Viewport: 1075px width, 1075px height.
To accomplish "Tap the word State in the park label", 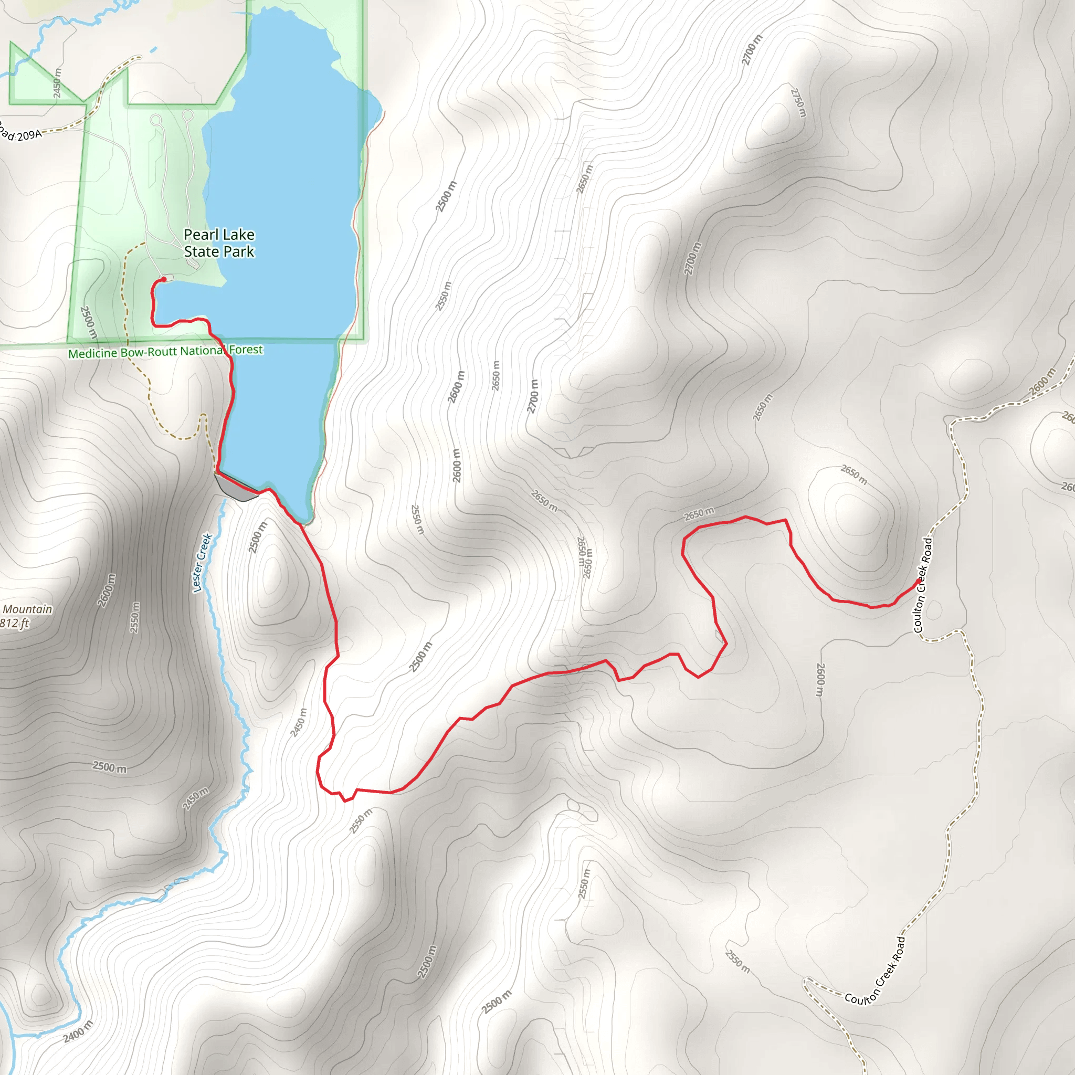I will point(202,252).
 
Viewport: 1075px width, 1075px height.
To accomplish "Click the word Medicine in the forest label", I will point(92,353).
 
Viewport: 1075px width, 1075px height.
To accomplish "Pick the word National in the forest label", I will point(203,351).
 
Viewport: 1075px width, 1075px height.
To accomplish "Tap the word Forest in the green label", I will point(246,350).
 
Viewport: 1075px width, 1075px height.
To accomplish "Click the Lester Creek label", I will point(202,563).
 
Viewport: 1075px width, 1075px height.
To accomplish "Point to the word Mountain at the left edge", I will point(27,609).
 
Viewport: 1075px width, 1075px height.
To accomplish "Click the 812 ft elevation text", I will point(15,624).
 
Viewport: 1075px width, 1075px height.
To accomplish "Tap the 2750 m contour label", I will point(798,103).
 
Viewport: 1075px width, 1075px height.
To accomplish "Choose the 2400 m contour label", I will point(78,1031).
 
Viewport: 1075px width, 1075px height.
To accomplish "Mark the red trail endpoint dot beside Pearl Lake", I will point(164,279).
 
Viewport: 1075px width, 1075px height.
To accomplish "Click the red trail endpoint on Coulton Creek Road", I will point(918,582).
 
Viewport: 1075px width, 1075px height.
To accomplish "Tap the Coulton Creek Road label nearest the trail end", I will point(923,585).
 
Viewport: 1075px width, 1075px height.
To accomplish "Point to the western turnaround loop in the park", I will point(156,120).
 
